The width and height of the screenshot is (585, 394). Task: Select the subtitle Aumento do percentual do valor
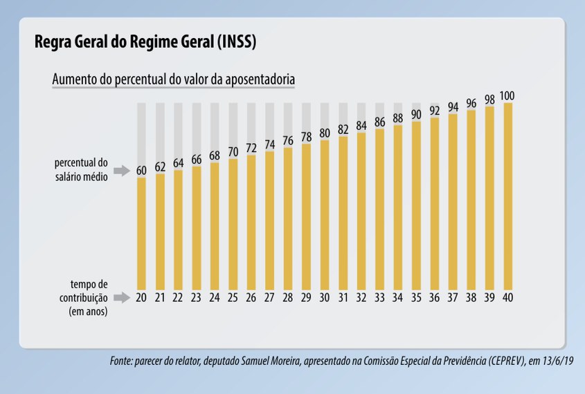174,80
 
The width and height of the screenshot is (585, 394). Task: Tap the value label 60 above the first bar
141,169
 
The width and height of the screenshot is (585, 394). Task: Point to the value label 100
507,95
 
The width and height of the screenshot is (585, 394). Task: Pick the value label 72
251,148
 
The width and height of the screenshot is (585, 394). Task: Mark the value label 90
416,114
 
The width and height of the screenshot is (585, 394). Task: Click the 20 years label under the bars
141,297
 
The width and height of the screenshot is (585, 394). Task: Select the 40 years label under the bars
507,297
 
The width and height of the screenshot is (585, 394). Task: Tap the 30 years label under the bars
325,297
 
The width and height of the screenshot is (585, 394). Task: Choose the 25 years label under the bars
233,297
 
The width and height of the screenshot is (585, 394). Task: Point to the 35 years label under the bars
416,297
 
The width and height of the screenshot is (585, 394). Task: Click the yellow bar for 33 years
379,207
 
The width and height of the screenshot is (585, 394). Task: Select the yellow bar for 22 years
178,228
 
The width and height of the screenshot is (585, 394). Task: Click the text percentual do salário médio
82,170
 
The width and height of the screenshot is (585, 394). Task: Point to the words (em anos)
88,311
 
